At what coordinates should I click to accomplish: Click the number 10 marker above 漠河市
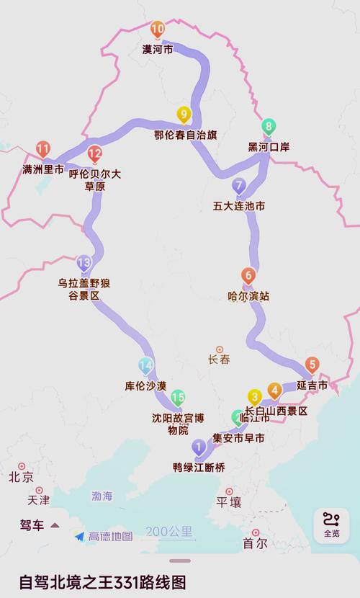(x=158, y=30)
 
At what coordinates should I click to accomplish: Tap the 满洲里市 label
(x=42, y=171)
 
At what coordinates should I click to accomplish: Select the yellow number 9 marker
(x=184, y=115)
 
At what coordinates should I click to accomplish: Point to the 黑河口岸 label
(x=269, y=147)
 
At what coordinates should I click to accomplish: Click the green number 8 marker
(x=269, y=128)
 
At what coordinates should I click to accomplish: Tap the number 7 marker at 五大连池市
(x=239, y=186)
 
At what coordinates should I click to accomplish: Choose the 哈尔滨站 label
(x=248, y=295)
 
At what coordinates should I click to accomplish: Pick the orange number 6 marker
(x=248, y=275)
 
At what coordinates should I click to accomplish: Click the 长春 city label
(x=219, y=360)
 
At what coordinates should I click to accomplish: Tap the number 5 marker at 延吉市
(x=312, y=365)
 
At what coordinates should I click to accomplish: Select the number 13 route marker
(x=85, y=263)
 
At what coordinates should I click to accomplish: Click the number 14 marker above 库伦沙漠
(x=145, y=365)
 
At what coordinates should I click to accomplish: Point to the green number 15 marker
(x=178, y=397)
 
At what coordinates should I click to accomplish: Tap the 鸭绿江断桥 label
(x=199, y=467)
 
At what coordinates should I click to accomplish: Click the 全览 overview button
(x=331, y=525)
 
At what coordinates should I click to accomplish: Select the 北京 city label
(x=21, y=477)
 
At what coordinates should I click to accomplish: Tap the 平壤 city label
(x=230, y=501)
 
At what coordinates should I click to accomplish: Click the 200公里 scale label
(x=169, y=532)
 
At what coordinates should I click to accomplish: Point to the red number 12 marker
(x=95, y=153)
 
